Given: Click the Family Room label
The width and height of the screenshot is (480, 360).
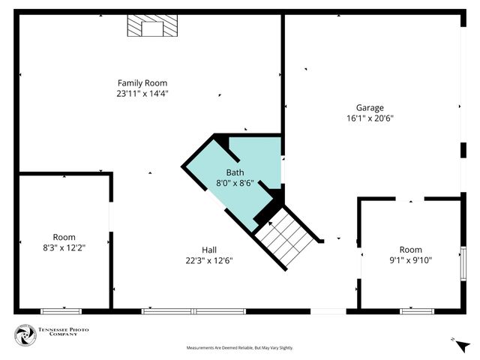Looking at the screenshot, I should pyautogui.click(x=142, y=82).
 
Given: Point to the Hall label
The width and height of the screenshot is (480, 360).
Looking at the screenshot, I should pyautogui.click(x=209, y=250).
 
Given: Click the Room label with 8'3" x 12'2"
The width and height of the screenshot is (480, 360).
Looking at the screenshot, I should pyautogui.click(x=64, y=237).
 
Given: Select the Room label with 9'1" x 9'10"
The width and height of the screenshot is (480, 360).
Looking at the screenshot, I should pyautogui.click(x=410, y=250).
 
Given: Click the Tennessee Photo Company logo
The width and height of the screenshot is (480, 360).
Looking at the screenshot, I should pyautogui.click(x=26, y=335).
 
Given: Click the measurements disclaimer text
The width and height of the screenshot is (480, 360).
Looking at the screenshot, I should pyautogui.click(x=239, y=348).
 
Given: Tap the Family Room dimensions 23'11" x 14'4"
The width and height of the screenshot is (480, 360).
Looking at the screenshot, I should pyautogui.click(x=142, y=94).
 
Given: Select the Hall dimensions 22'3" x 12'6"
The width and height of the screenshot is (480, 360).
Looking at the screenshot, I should pyautogui.click(x=209, y=261).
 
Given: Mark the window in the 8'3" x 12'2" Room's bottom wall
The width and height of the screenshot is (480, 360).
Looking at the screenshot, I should pyautogui.click(x=61, y=310).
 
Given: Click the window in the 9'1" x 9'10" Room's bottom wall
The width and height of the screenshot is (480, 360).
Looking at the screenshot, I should pyautogui.click(x=418, y=310).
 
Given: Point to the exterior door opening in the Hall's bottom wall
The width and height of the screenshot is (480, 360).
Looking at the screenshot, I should pyautogui.click(x=328, y=310).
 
